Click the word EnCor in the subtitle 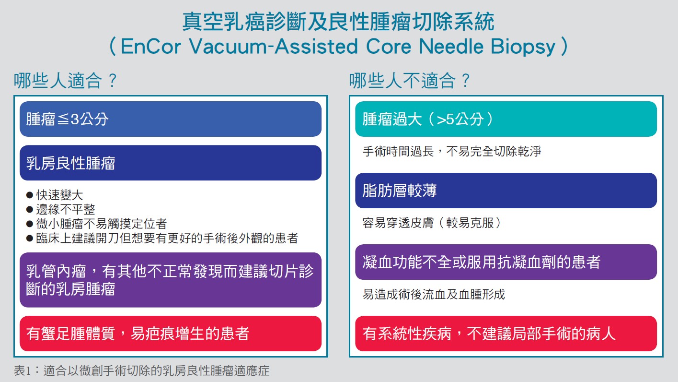151,47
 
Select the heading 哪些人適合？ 65,80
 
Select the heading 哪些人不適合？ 410,80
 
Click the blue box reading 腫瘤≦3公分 171,119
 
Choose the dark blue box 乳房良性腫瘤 171,163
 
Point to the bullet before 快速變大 29,195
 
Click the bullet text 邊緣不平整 66,209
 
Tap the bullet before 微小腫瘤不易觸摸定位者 29,224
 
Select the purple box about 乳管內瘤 171,280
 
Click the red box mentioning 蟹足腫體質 171,334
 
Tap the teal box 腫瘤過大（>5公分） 506,119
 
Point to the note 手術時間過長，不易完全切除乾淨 452,151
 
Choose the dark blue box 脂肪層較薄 506,191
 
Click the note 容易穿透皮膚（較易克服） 432,223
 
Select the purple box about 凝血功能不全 506,262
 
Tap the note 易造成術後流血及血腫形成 434,294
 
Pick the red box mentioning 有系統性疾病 506,334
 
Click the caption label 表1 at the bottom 22,370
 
